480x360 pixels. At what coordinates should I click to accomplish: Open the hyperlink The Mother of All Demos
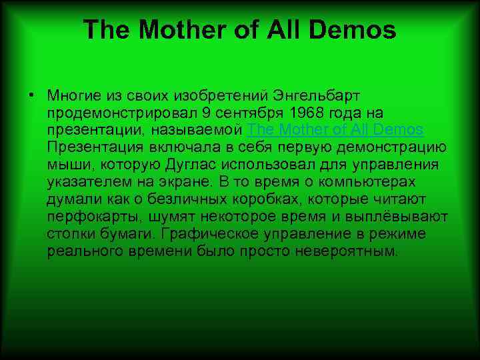[x=335, y=129]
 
